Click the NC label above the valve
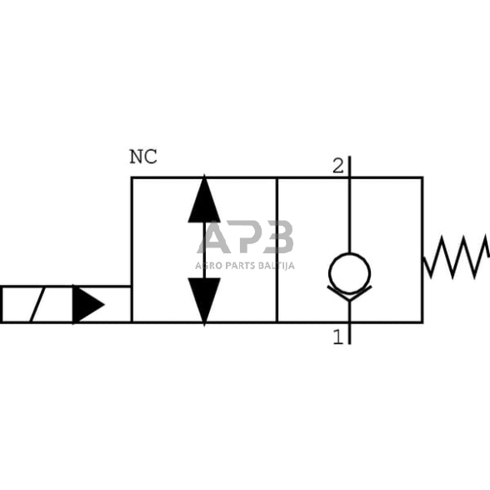coord(142,157)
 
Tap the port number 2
coord(337,166)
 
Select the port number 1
coord(337,337)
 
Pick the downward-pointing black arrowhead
coord(204,298)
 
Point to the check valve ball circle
coord(349,271)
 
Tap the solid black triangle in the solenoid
coord(87,304)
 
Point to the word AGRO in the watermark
coord(207,266)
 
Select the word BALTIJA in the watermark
coord(276,266)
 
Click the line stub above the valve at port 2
coord(349,166)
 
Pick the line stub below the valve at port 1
coord(349,333)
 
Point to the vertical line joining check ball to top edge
coord(349,217)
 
